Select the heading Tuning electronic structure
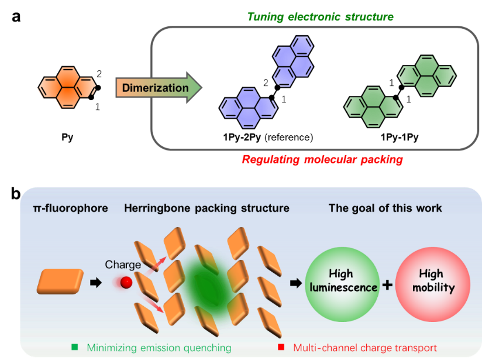[x=320, y=16]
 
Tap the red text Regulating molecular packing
[x=322, y=160]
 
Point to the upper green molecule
[x=428, y=74]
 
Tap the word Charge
[x=123, y=265]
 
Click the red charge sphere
[x=126, y=283]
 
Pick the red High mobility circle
[x=433, y=281]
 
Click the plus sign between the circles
[x=387, y=285]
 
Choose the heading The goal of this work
[x=385, y=208]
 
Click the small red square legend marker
[x=281, y=347]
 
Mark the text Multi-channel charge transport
[x=365, y=348]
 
